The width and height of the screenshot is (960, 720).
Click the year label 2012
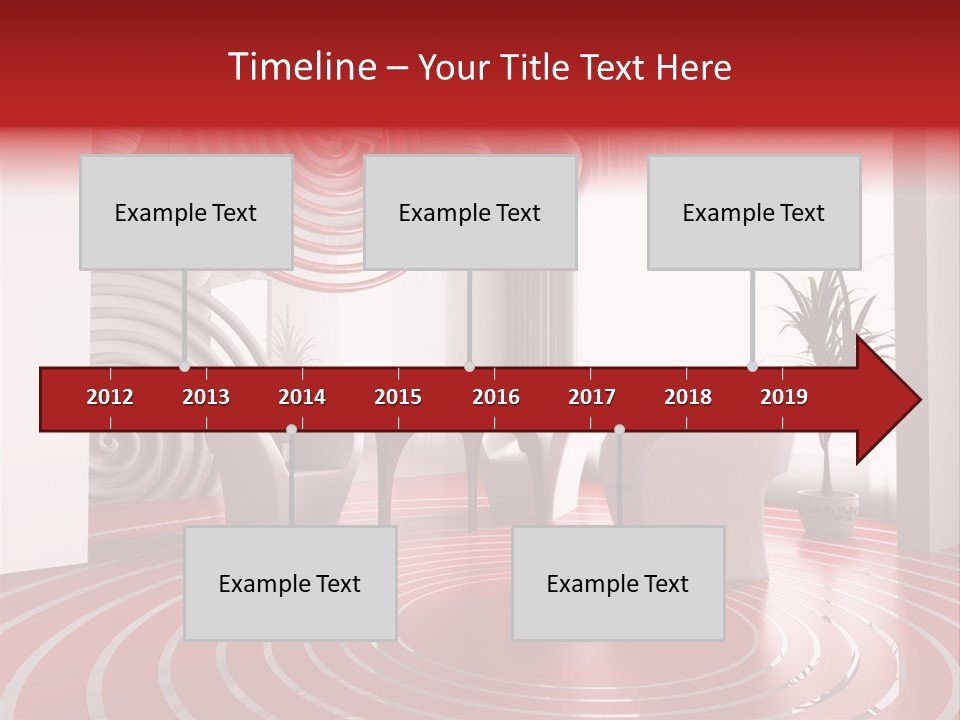(x=110, y=397)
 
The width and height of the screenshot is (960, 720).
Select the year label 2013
(x=206, y=397)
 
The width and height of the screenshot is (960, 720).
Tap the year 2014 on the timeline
(x=302, y=397)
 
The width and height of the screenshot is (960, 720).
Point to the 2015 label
(x=398, y=397)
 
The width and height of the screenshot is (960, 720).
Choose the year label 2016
(x=496, y=397)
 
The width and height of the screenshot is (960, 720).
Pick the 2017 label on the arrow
(x=592, y=397)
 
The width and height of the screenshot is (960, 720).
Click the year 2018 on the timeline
(x=688, y=397)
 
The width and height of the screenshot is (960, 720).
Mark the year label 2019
(x=784, y=397)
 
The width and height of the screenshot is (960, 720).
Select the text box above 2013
(x=186, y=212)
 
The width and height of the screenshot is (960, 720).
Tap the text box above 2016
(x=470, y=212)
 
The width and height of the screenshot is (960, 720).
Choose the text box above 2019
(x=754, y=212)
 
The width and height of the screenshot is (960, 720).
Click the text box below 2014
(x=290, y=583)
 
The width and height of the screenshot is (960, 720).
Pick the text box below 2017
(x=618, y=583)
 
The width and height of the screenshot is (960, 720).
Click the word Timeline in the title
(x=301, y=67)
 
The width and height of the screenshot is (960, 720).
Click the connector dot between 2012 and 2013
(x=184, y=367)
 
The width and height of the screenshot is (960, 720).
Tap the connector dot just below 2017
(x=619, y=429)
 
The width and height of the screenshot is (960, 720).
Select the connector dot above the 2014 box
(x=291, y=429)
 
